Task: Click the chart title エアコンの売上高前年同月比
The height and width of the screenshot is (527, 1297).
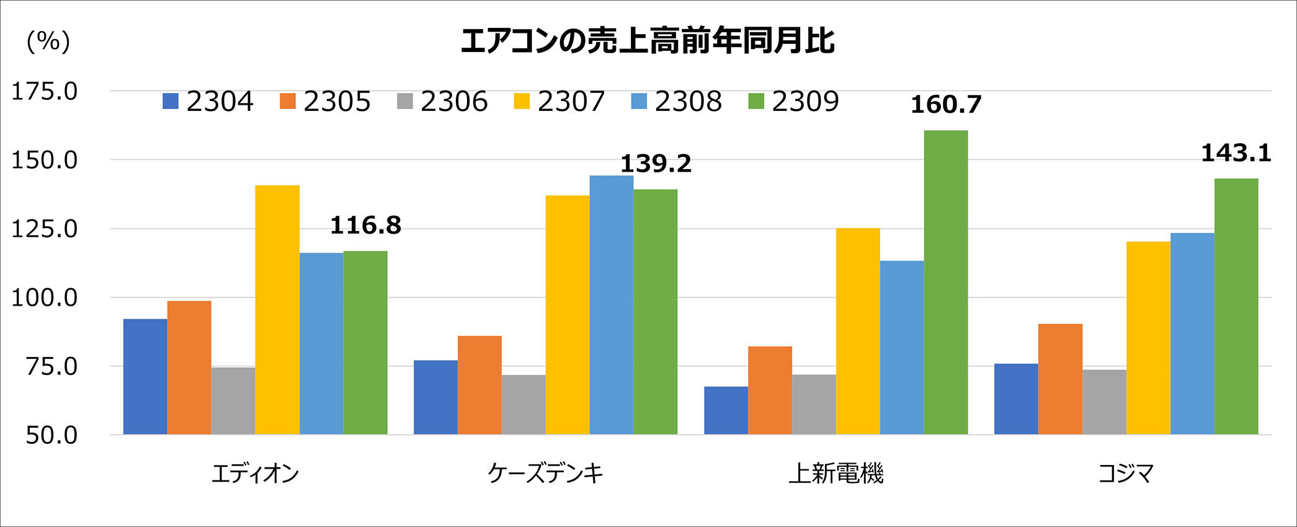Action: point(648,41)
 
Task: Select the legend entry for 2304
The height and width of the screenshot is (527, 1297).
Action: point(208,101)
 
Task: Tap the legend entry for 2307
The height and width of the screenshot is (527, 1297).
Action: point(559,101)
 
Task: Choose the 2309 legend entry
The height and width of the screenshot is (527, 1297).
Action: point(793,101)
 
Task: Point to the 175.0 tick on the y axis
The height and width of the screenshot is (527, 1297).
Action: point(45,92)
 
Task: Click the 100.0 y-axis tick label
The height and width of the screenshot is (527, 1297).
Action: point(45,298)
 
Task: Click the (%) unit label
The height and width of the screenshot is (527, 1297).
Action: point(48,42)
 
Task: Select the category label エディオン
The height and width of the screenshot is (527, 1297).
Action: point(255,474)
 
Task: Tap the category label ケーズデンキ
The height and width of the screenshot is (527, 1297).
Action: point(545,474)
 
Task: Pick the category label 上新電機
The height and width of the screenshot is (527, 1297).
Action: point(836,474)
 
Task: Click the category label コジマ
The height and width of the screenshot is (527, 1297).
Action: point(1126,474)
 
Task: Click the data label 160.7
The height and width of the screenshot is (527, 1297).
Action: point(946,105)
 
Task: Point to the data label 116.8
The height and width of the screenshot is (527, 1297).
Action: point(365,225)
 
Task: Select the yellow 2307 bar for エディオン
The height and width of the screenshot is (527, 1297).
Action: point(277,310)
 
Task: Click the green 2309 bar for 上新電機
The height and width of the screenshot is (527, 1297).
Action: point(945,282)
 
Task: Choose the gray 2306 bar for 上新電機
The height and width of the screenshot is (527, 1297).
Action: point(814,404)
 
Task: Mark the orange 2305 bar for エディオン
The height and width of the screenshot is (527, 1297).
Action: point(189,368)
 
